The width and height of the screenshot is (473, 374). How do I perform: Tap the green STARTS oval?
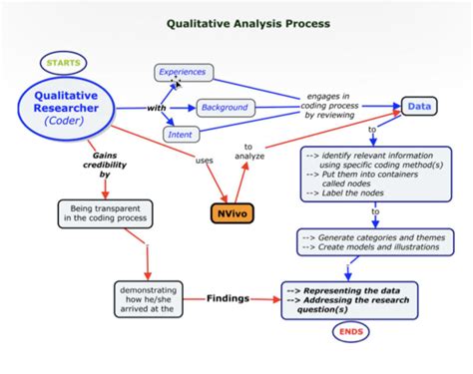point(64,63)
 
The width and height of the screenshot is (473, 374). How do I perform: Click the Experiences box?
point(185,71)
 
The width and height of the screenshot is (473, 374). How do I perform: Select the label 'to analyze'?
point(247,151)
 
